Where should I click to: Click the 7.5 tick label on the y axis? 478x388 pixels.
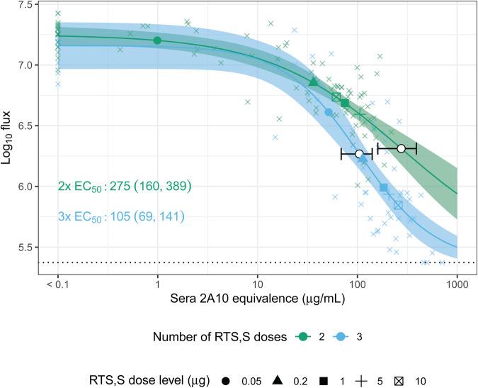(x=28, y=5)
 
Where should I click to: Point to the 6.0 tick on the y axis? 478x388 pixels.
(x=28, y=187)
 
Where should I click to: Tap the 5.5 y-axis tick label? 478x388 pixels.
(x=28, y=248)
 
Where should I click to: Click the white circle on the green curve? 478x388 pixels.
(x=401, y=148)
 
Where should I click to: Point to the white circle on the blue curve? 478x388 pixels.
(x=359, y=154)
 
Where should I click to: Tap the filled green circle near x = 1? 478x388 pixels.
(x=157, y=40)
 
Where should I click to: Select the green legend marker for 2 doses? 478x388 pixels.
(x=301, y=337)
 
